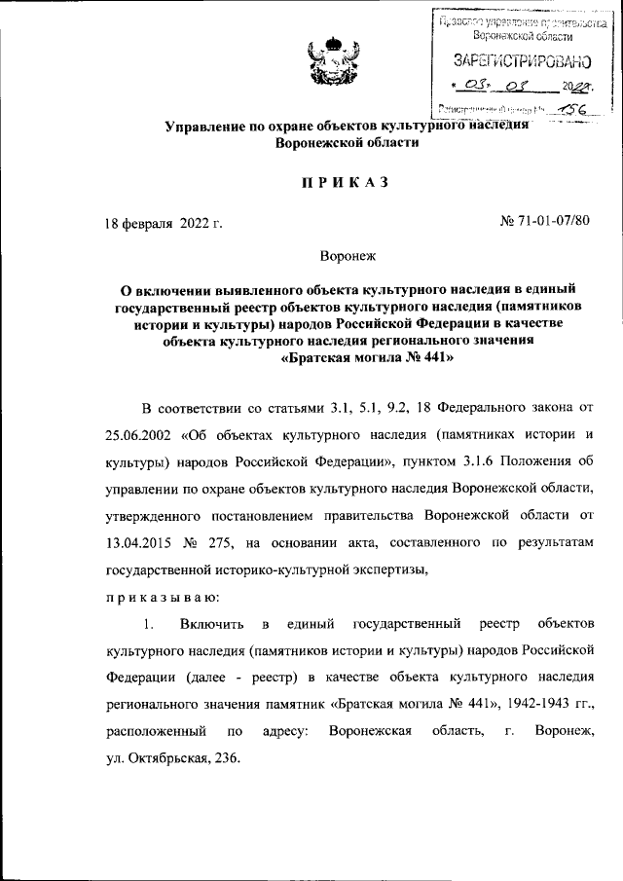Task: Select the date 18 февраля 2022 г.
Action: (x=164, y=223)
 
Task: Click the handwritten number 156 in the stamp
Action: (x=564, y=112)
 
